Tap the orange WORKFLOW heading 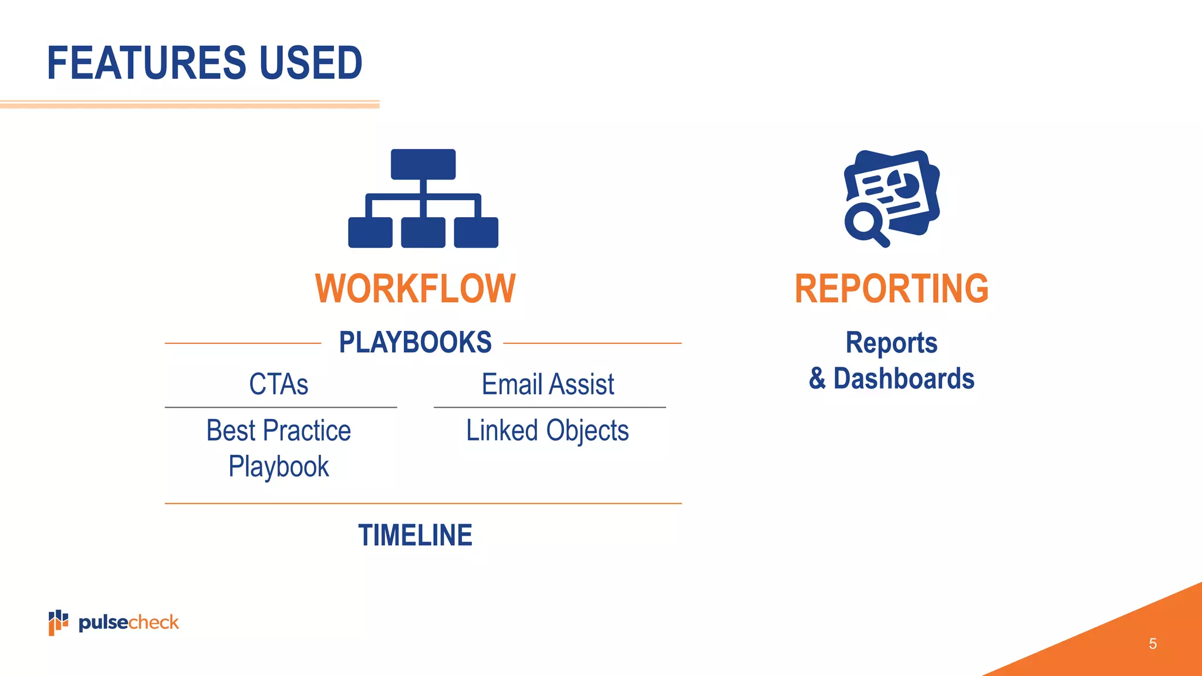[x=415, y=289]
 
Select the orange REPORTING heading [x=892, y=289]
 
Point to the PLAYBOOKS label [x=415, y=342]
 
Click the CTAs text [x=279, y=384]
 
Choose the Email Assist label [x=548, y=384]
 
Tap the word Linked [x=502, y=430]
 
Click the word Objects [x=588, y=431]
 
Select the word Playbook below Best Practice [x=279, y=467]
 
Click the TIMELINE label [x=415, y=535]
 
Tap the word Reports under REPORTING [x=892, y=343]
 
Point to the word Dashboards [x=904, y=378]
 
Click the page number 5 [x=1153, y=644]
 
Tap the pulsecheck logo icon [x=58, y=622]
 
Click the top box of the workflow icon [x=423, y=164]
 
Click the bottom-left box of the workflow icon [x=370, y=232]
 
